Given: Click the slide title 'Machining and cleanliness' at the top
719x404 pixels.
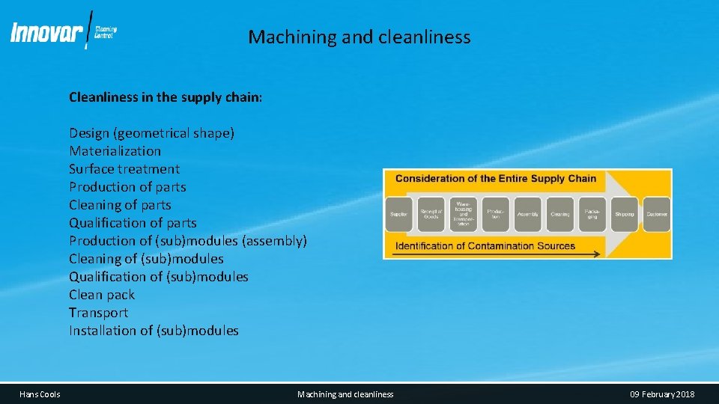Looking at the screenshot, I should (359, 37).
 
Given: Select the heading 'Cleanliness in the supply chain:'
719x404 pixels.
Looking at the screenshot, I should (166, 97).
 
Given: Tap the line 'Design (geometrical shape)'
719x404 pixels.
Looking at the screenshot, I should (151, 133).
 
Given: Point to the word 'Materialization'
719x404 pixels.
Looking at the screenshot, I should (115, 151).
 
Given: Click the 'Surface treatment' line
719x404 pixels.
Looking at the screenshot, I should (124, 169).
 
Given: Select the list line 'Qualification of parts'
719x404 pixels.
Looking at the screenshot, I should (133, 223).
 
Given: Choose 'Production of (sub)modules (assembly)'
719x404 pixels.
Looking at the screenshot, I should (188, 241).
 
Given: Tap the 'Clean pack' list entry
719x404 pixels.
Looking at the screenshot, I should (102, 295).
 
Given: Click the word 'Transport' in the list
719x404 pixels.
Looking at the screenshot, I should (98, 313).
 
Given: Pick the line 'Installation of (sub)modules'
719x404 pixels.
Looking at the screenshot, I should (154, 331).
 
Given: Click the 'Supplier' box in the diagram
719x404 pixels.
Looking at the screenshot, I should (399, 214).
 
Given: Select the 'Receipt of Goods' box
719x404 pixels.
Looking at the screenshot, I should (431, 214).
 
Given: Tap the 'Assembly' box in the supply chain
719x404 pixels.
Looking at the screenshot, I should (528, 214).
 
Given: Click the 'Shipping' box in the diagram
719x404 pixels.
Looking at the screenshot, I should (625, 214).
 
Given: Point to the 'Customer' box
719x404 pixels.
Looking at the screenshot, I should (657, 214).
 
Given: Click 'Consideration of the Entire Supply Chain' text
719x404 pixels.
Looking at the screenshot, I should (495, 179).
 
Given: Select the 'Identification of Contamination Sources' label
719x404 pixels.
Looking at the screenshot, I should (485, 245).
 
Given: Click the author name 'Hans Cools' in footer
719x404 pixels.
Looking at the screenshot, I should (40, 394).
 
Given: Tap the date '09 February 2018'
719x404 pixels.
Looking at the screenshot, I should (662, 394).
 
